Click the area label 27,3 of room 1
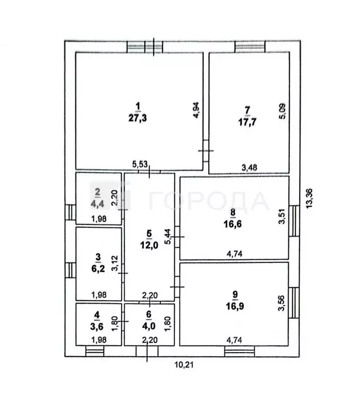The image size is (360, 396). tap(137, 118)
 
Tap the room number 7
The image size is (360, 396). tap(247, 110)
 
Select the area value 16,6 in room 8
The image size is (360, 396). tap(233, 224)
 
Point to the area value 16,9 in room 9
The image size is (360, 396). tap(235, 306)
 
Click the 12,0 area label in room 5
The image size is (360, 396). tap(149, 245)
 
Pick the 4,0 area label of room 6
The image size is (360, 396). tap(149, 326)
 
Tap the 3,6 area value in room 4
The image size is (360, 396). tap(96, 326)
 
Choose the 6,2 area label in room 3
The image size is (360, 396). tap(98, 269)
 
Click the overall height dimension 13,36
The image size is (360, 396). tap(309, 198)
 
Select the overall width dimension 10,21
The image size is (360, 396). tap(184, 365)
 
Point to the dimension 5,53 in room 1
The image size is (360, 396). tap(140, 164)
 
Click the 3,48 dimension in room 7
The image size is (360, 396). tap(249, 168)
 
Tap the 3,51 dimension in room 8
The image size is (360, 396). tap(282, 216)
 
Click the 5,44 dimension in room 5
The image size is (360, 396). tap(168, 236)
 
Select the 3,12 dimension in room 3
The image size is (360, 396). tap(115, 263)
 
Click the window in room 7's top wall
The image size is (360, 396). tap(250, 46)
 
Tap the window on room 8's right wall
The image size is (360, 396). tap(294, 221)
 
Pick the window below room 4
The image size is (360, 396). tap(95, 351)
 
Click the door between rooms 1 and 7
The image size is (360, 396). tap(206, 151)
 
